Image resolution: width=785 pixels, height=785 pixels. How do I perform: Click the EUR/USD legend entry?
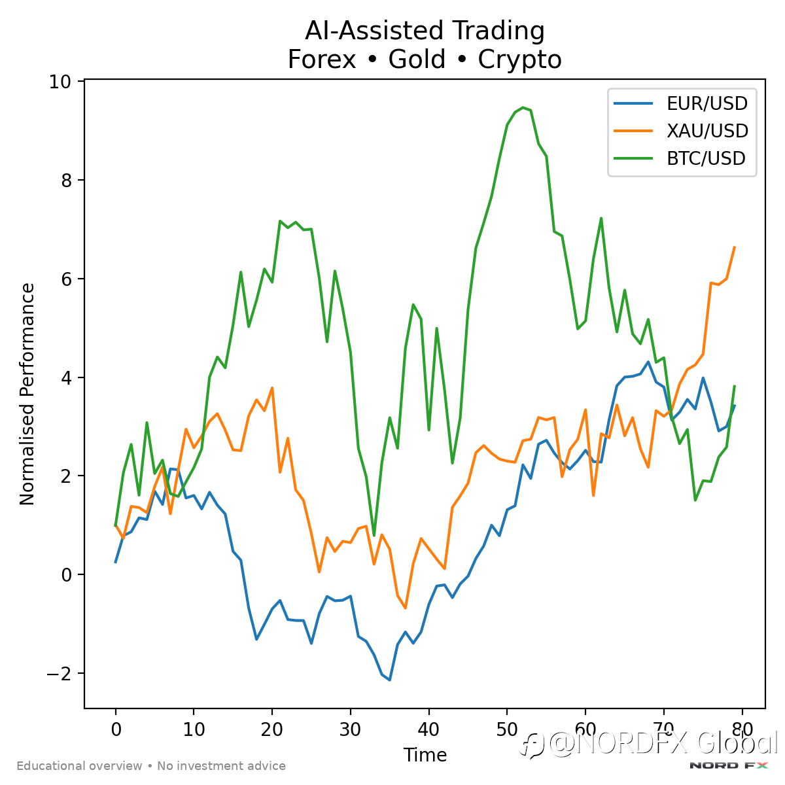point(706,103)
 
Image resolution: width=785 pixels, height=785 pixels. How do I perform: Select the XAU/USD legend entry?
point(707,131)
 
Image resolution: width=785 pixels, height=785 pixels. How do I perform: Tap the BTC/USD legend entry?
point(706,159)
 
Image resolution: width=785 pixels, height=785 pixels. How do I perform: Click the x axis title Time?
point(425,755)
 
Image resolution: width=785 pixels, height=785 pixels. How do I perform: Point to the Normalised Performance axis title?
point(27,394)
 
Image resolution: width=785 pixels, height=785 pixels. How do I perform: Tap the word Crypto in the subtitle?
point(519,60)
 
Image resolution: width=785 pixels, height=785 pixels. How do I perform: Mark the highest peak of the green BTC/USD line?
point(523,107)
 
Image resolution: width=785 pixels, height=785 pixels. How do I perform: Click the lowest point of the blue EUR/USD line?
point(390,680)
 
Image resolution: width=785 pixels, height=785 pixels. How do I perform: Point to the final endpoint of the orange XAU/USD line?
point(735,247)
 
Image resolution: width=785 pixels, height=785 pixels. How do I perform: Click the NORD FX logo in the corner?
point(729,765)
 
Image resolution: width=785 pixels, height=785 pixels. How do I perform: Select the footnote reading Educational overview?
point(79,766)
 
